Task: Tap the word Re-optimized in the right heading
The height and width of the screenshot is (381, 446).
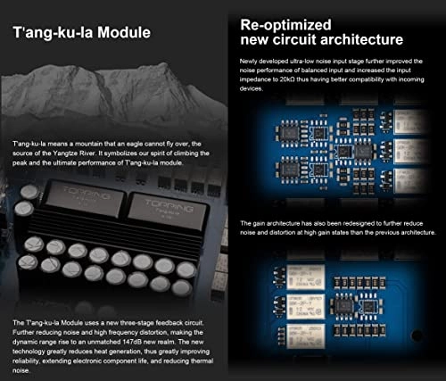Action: [283, 23]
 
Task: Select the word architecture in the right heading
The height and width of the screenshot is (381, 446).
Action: [357, 39]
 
